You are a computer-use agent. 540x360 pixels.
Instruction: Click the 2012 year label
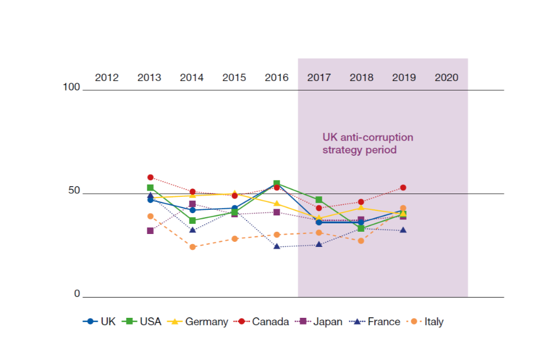(107, 78)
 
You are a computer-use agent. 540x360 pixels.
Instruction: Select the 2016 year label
(277, 78)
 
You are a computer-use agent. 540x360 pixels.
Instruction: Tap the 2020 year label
(447, 78)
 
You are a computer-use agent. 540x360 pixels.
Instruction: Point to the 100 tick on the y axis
(72, 87)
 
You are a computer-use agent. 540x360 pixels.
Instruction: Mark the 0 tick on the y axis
(78, 294)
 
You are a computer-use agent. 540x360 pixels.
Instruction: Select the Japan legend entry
(320, 322)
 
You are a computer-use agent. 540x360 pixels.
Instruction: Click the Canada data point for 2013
(150, 177)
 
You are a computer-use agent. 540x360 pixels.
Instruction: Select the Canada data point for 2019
(403, 187)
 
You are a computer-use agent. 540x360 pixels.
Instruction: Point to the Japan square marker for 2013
(150, 231)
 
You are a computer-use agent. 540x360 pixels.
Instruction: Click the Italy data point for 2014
(192, 247)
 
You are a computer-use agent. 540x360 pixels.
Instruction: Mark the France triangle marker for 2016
(277, 246)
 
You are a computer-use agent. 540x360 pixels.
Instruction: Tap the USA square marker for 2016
(277, 183)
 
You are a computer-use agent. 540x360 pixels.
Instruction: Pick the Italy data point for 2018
(361, 241)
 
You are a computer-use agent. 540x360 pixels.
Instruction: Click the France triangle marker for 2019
(403, 230)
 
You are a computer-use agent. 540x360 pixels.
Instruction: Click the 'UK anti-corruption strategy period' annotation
(368, 143)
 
